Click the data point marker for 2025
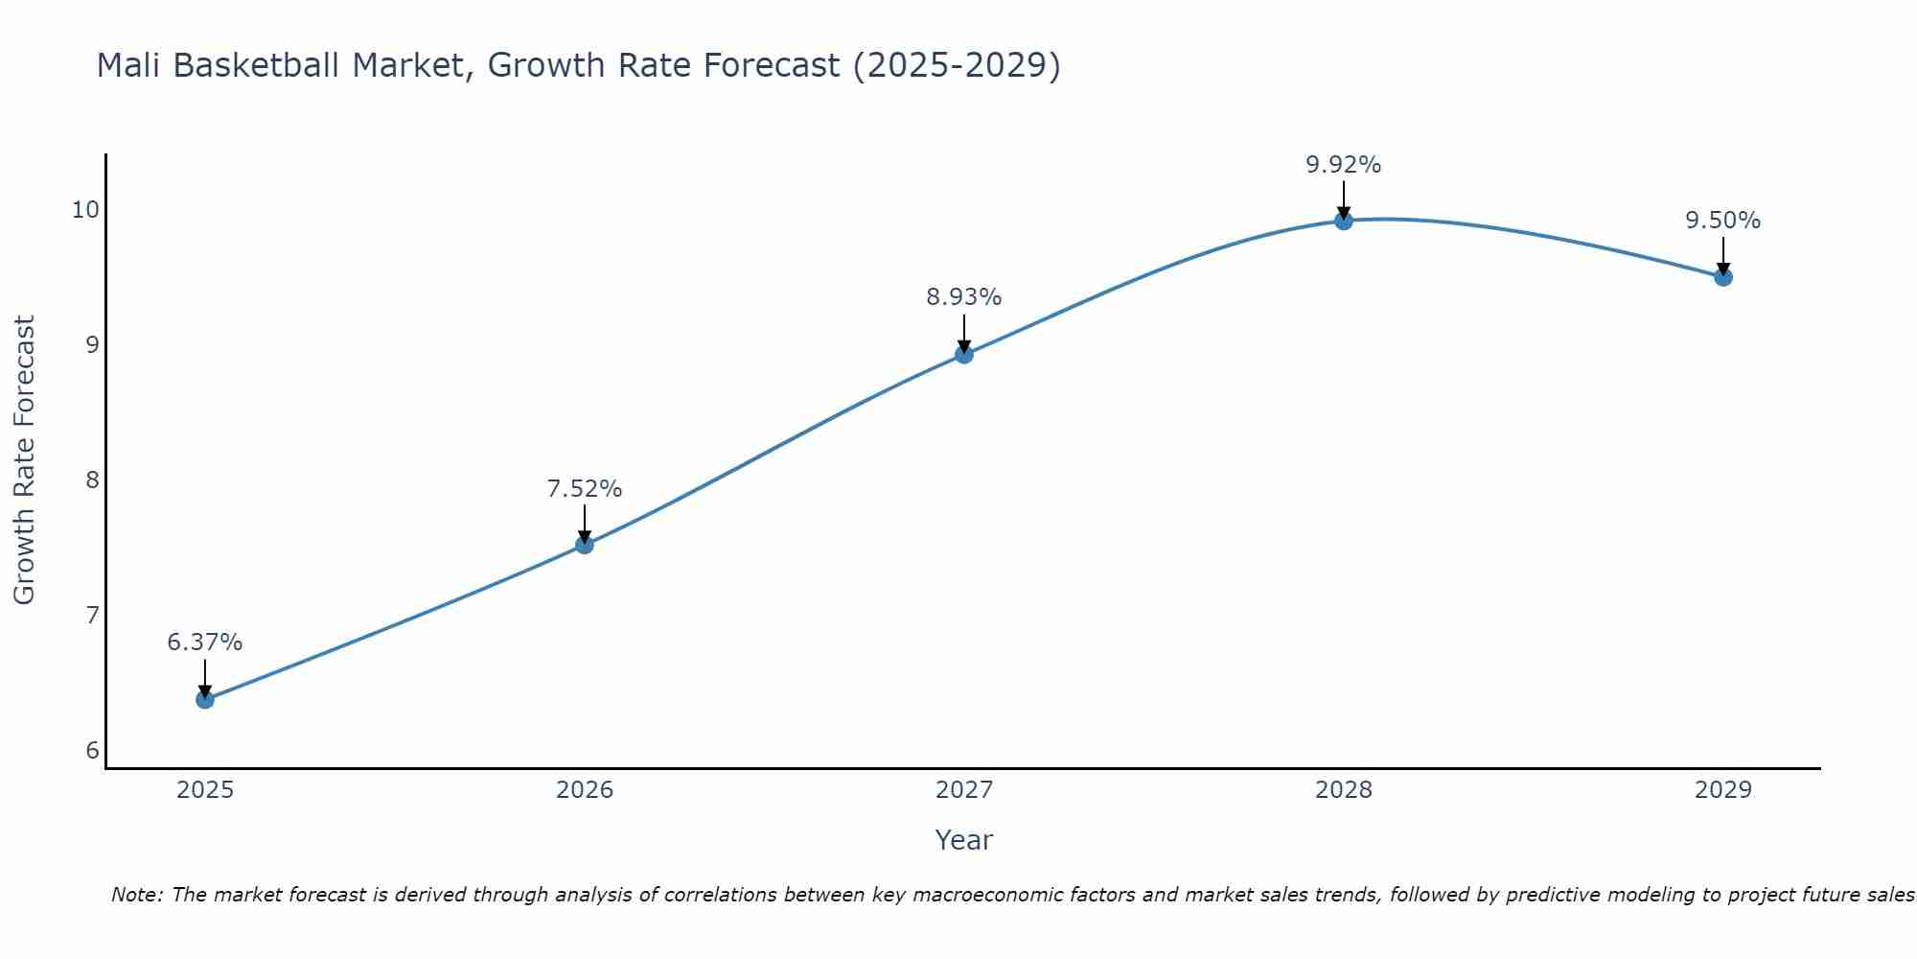(x=205, y=699)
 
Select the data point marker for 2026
(x=585, y=545)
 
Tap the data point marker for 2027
(x=964, y=355)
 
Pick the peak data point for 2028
(x=1344, y=221)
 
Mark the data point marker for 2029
(x=1723, y=277)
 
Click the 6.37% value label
(x=205, y=643)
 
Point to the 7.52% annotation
(x=585, y=489)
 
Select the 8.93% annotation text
(x=964, y=297)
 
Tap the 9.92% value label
(x=1344, y=165)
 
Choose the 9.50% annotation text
(x=1723, y=221)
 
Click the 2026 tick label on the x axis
(x=585, y=790)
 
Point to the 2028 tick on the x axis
(x=1344, y=790)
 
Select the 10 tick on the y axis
(x=86, y=209)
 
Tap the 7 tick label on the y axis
(x=93, y=615)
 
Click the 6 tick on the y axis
(x=93, y=750)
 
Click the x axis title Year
(x=964, y=840)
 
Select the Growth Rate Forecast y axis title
(x=25, y=460)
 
